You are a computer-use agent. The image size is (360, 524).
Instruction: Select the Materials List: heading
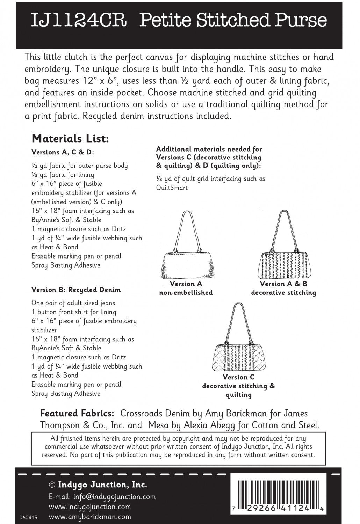point(70,139)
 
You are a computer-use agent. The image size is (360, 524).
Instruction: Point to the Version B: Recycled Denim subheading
point(76,290)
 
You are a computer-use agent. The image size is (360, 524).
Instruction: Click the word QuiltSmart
point(172,188)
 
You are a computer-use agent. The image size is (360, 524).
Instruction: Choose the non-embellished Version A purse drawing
point(186,252)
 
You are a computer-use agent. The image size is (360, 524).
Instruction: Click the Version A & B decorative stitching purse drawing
point(283,252)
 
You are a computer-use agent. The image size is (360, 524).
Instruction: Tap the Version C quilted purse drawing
point(238,346)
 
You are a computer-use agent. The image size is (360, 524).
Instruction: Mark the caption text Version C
point(239,377)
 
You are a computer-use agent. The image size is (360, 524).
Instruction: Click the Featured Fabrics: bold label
point(77,414)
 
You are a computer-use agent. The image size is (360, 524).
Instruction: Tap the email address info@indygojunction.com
point(102,497)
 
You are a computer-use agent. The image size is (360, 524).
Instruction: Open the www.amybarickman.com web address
point(90,517)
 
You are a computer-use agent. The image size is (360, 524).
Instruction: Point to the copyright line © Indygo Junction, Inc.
point(98,485)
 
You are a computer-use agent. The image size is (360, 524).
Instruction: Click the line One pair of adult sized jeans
point(73,303)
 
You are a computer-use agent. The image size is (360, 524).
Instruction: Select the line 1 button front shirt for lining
point(74,312)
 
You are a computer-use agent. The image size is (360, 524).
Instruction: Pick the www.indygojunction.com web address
point(90,507)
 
